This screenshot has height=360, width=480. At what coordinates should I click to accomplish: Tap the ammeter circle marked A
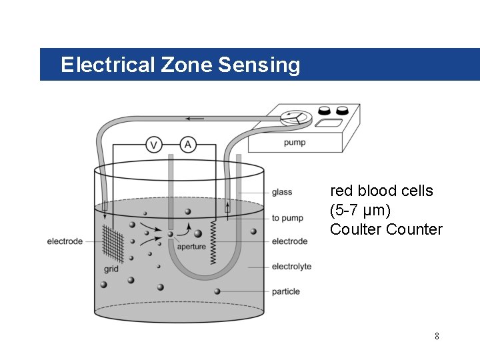189,145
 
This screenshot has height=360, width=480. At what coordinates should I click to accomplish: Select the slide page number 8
437,336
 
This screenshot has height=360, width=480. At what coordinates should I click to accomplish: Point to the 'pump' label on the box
295,143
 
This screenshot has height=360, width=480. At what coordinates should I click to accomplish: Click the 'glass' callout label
282,193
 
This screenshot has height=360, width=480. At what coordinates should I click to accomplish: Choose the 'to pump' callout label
287,218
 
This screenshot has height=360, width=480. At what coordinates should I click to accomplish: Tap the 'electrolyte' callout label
291,267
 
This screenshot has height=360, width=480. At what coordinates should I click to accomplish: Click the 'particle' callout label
286,291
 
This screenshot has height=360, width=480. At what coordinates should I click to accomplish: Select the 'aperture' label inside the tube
191,247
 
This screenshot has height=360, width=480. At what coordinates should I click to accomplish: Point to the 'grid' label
111,269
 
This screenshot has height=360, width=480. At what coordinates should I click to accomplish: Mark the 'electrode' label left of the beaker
65,241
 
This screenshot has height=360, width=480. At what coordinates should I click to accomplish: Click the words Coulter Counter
386,229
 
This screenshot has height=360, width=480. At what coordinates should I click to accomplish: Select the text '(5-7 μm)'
361,210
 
